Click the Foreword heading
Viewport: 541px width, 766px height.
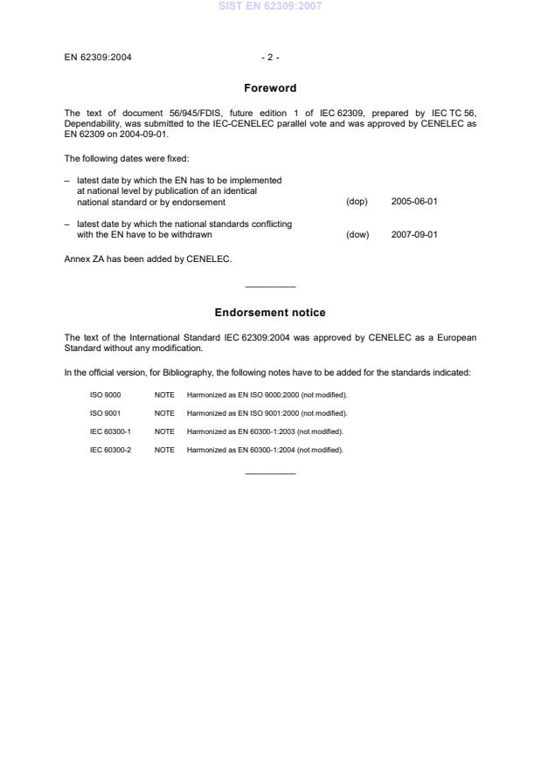(270, 88)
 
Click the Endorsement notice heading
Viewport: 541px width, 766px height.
(270, 313)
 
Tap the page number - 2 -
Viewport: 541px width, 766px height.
(270, 58)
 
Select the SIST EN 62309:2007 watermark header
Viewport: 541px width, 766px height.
(270, 6)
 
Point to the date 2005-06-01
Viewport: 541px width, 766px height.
(414, 202)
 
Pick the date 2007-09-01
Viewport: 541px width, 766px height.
(414, 234)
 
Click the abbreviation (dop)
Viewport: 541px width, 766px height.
(357, 202)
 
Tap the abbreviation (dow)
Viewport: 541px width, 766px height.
(357, 234)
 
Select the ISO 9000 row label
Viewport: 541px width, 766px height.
(105, 395)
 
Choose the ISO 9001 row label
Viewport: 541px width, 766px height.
(105, 413)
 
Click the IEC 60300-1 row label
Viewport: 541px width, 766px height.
(110, 431)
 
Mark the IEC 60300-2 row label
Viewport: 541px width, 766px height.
(110, 450)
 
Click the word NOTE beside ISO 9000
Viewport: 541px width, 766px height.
(164, 395)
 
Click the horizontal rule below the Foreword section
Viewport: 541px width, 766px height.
(270, 286)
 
